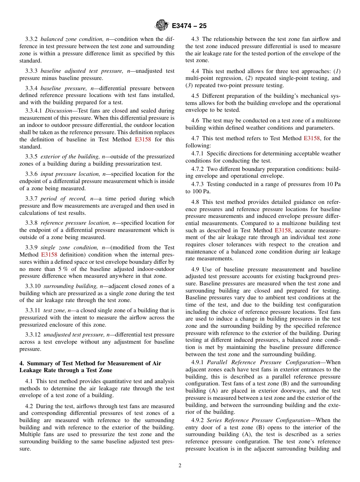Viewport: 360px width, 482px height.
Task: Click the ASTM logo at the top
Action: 162,26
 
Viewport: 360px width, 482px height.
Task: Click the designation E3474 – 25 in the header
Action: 189,26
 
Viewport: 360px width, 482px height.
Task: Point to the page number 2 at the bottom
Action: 180,466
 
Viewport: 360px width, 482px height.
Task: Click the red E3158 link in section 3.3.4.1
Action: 143,140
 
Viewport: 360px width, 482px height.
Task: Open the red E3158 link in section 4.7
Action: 311,139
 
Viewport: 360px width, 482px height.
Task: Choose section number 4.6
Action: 196,121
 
